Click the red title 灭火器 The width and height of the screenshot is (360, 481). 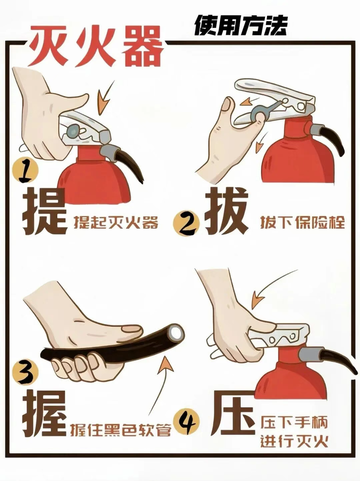pos(95,46)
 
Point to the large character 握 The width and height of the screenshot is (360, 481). pos(45,413)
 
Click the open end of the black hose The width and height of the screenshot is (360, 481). pos(176,333)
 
